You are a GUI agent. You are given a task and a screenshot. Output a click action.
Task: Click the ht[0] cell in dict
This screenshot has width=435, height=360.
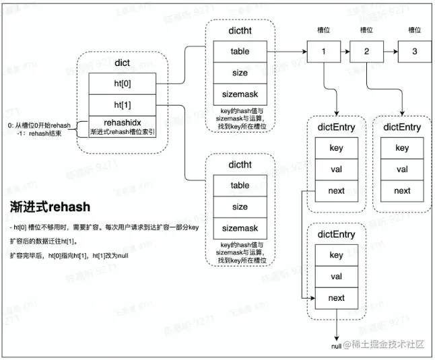click(x=123, y=84)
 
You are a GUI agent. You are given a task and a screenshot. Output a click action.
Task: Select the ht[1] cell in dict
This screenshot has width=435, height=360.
click(x=123, y=106)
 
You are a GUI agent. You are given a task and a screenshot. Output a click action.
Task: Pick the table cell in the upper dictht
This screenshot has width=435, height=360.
click(x=240, y=51)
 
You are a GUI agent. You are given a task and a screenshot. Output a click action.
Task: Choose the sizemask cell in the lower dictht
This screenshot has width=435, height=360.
click(x=240, y=228)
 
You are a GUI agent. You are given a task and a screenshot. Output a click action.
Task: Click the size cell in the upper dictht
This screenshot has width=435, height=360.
click(x=240, y=73)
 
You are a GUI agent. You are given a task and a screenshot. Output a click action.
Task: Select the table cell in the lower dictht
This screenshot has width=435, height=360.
click(x=240, y=185)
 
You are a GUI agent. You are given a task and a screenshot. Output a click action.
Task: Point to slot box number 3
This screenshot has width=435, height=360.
click(x=414, y=51)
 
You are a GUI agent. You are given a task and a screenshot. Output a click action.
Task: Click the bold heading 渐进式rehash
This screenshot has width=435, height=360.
click(x=50, y=206)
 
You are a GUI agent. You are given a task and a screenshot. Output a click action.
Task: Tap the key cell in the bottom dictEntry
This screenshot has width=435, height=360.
click(x=336, y=255)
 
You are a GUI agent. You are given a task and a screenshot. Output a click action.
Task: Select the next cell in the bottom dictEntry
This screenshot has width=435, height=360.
click(x=336, y=297)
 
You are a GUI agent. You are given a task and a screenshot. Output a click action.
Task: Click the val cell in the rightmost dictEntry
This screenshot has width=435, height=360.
click(x=401, y=170)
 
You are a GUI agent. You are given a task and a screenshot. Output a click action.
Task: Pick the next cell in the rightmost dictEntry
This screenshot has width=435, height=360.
click(x=401, y=190)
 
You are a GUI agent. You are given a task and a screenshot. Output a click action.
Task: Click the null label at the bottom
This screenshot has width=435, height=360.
click(x=335, y=345)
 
